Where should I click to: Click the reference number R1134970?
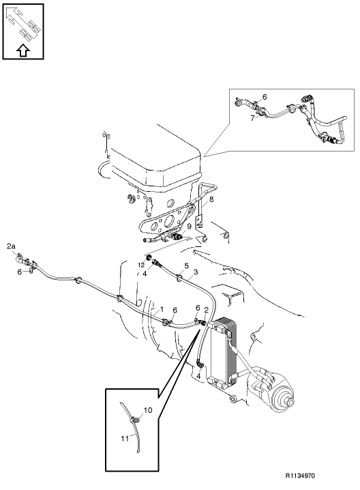pos(300,476)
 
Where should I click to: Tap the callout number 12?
pos(142,265)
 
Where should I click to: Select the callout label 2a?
pos(11,246)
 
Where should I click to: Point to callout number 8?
pos(211,199)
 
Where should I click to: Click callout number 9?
pos(189,226)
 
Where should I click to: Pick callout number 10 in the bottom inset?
pos(148,409)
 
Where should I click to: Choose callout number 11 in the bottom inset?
pos(125,439)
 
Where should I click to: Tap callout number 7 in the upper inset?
pos(252,119)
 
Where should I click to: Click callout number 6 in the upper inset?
pos(265,97)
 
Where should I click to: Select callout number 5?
pos(186,266)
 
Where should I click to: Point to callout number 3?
pos(196,272)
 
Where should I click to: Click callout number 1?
pos(162,309)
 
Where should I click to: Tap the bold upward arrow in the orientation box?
pos(22,50)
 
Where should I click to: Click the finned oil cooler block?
pos(224,352)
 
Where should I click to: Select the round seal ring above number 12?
pos(149,258)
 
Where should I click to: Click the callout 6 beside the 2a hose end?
pos(19,272)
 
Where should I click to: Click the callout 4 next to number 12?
pos(145,274)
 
